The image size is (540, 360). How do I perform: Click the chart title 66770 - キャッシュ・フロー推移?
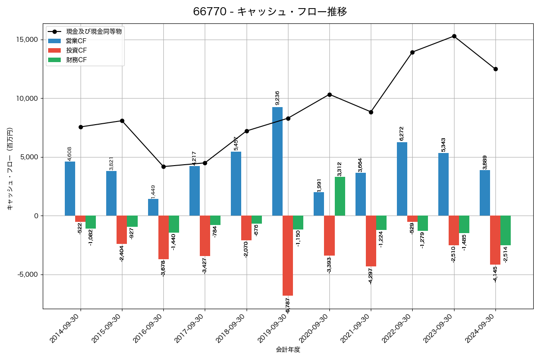coord(270,12)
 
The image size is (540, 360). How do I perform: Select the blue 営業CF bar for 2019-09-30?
coord(277,161)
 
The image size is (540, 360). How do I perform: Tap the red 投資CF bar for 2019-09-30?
coord(288,255)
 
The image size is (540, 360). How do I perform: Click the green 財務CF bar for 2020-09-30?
coord(340,196)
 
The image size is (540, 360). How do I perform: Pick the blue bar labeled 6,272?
coord(402,179)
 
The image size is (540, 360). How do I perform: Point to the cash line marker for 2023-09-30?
coord(454,36)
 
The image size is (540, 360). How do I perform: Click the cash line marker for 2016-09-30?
coord(163,166)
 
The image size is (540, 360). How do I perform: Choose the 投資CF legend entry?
coord(76,50)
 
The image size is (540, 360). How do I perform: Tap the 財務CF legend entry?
coord(76,60)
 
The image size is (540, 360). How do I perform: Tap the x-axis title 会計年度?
coord(288,350)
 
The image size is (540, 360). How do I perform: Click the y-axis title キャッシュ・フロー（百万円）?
coord(10,169)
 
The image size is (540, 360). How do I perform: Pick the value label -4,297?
coord(370,275)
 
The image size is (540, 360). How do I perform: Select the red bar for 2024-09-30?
coord(495,240)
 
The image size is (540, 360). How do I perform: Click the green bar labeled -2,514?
coord(505,230)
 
